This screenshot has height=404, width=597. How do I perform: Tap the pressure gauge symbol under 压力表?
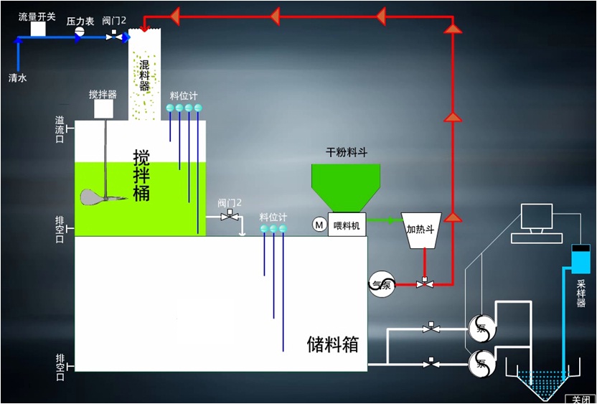(80, 33)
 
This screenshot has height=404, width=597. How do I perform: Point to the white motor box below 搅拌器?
(104, 109)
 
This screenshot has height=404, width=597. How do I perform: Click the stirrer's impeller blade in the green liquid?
(96, 197)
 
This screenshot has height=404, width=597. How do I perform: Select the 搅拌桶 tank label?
(141, 174)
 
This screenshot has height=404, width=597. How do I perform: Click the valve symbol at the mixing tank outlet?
(230, 216)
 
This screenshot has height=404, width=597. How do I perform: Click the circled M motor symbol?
(319, 225)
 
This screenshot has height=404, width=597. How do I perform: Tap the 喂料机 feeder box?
(348, 225)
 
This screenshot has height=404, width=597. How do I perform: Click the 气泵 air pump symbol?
(382, 283)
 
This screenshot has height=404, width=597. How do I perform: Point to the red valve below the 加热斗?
(426, 284)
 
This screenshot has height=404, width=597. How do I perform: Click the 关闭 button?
(580, 398)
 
